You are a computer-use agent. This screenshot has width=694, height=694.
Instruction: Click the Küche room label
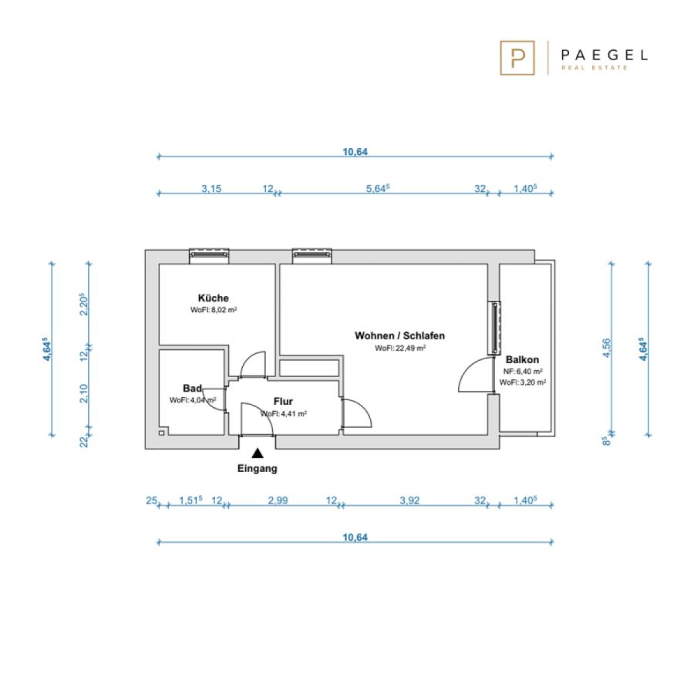(214, 298)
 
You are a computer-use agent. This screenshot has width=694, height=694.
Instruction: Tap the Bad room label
(192, 388)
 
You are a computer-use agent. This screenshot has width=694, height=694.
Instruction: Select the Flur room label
(283, 402)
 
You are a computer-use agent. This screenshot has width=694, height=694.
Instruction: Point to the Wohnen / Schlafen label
(399, 335)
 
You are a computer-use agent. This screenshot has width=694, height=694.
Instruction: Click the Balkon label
(522, 359)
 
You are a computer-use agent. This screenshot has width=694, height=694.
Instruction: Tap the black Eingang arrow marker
(258, 453)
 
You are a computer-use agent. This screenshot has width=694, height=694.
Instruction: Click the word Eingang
(257, 468)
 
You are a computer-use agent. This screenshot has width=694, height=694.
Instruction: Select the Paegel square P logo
(517, 58)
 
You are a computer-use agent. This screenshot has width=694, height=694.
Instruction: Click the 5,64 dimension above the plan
(378, 189)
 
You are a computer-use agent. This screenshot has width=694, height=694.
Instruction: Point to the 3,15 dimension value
(211, 189)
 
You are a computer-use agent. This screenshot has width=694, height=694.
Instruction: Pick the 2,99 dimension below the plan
(278, 500)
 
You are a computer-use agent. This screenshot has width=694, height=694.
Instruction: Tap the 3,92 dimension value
(409, 500)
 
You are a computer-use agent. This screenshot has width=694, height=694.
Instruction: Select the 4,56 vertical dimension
(606, 349)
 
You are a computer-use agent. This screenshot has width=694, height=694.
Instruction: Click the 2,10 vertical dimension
(83, 393)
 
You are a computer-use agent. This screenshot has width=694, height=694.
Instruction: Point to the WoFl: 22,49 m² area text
(400, 349)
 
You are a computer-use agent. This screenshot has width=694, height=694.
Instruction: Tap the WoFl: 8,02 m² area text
(214, 310)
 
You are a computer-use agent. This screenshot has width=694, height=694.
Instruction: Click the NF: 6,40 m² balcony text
(523, 372)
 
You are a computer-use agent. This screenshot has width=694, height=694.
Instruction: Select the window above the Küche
(209, 255)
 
